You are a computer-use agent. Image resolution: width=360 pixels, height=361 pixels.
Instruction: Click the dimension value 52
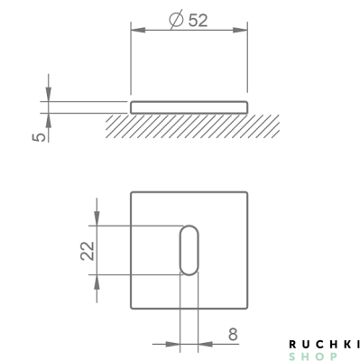pyautogui.click(x=198, y=21)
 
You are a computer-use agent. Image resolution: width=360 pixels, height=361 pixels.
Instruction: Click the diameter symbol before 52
pyautogui.click(x=176, y=20)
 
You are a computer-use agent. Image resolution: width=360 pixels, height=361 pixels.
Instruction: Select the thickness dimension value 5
pyautogui.click(x=39, y=137)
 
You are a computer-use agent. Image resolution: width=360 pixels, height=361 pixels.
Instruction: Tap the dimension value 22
pyautogui.click(x=88, y=251)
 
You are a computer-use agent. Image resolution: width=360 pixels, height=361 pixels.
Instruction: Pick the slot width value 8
pyautogui.click(x=233, y=334)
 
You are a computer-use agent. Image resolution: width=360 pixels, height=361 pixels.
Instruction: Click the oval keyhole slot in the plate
pyautogui.click(x=189, y=250)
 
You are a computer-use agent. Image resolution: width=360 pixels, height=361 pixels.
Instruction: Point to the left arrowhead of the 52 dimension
pyautogui.click(x=138, y=30)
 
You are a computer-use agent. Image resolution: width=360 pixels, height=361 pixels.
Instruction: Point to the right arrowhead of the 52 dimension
pyautogui.click(x=240, y=30)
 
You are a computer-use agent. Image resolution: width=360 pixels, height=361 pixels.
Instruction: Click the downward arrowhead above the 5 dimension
pyautogui.click(x=49, y=95)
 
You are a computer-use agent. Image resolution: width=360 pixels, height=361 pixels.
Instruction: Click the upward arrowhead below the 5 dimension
pyautogui.click(x=49, y=121)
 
